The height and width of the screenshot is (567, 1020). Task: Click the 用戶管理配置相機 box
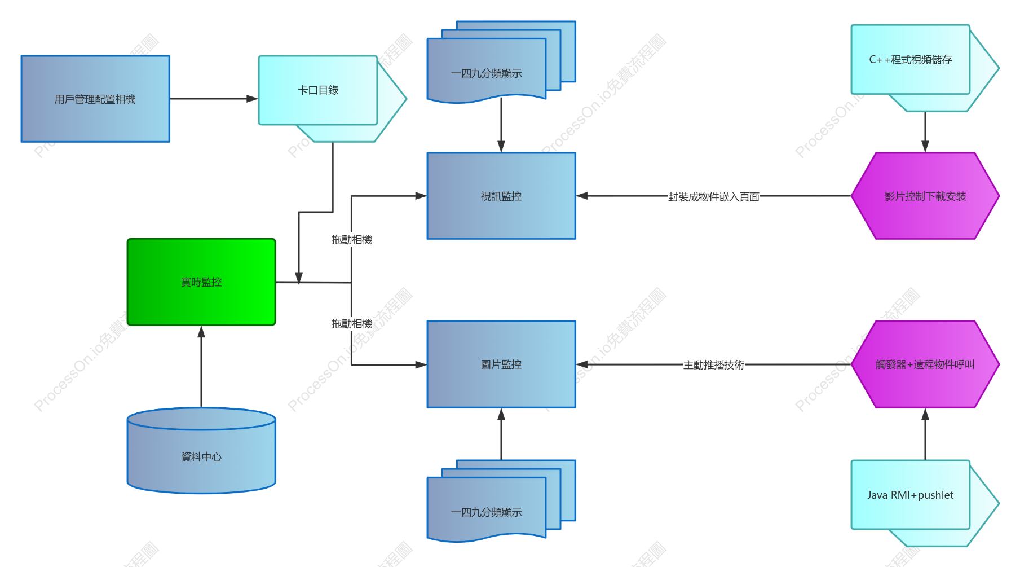coord(95,99)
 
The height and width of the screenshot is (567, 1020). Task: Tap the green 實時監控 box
coord(201,282)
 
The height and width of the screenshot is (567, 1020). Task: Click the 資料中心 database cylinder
coord(201,451)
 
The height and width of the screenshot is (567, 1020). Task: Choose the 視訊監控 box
coord(501,196)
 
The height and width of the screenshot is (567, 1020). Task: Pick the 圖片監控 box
coord(501,364)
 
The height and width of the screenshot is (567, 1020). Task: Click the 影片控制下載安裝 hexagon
coord(925,196)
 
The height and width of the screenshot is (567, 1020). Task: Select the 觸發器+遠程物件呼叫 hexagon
coord(925,364)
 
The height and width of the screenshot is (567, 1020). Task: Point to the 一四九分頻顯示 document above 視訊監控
coord(501,62)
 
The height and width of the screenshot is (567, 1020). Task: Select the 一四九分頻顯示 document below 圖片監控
coord(501,501)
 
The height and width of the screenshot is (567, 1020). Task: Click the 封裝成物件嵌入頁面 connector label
coord(714,197)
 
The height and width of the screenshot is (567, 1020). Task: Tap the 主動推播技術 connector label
coord(714,365)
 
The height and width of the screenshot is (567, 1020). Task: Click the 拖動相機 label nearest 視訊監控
coord(352,240)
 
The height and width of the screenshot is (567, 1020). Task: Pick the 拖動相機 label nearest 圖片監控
coord(352,324)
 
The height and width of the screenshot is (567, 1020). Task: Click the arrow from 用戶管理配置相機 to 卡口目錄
coord(214,99)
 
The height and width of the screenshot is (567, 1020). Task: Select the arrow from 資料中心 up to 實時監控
coord(201,367)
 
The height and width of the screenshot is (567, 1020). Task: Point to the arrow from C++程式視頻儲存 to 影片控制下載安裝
coord(925,132)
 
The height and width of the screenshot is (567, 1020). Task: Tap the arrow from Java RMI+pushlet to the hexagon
coord(925,434)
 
